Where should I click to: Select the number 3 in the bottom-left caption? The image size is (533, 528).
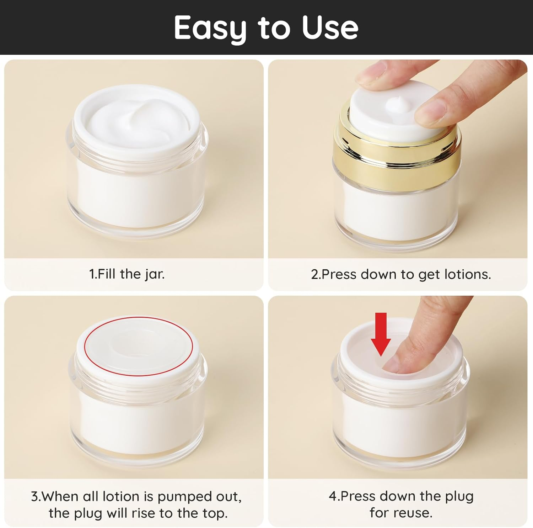[x=34, y=496]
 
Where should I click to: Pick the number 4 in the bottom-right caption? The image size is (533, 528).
[x=332, y=496]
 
